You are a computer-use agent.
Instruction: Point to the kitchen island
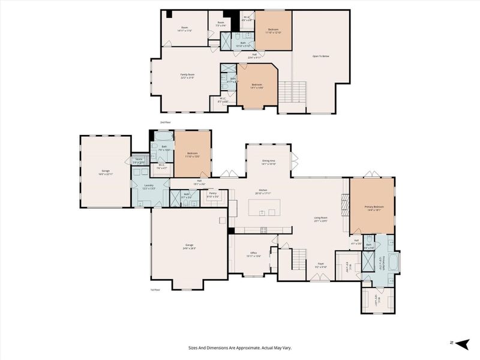tap(265, 208)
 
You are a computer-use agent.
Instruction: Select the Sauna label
tap(139, 160)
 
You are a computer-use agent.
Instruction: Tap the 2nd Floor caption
tap(165, 122)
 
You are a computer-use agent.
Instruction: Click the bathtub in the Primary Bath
tap(394, 262)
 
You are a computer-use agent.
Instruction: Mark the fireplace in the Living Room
tap(344, 207)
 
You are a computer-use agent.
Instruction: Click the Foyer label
tap(321, 265)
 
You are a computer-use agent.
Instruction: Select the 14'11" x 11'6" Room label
tap(185, 29)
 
